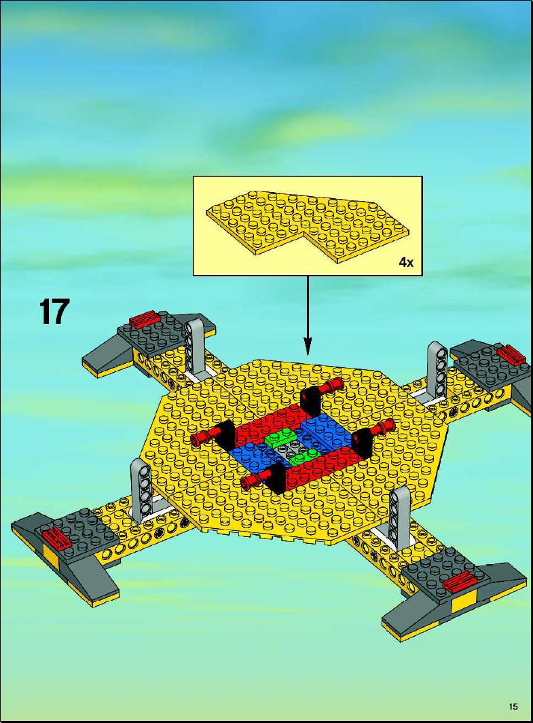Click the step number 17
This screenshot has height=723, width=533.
point(54,312)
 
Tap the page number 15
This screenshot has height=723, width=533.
point(513,707)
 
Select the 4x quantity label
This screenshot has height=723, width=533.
point(406,263)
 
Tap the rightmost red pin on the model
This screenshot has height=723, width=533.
point(380,429)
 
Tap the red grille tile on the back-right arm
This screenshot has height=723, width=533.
point(511,354)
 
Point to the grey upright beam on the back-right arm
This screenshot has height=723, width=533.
point(437,370)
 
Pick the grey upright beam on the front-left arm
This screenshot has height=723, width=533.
point(141,489)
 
